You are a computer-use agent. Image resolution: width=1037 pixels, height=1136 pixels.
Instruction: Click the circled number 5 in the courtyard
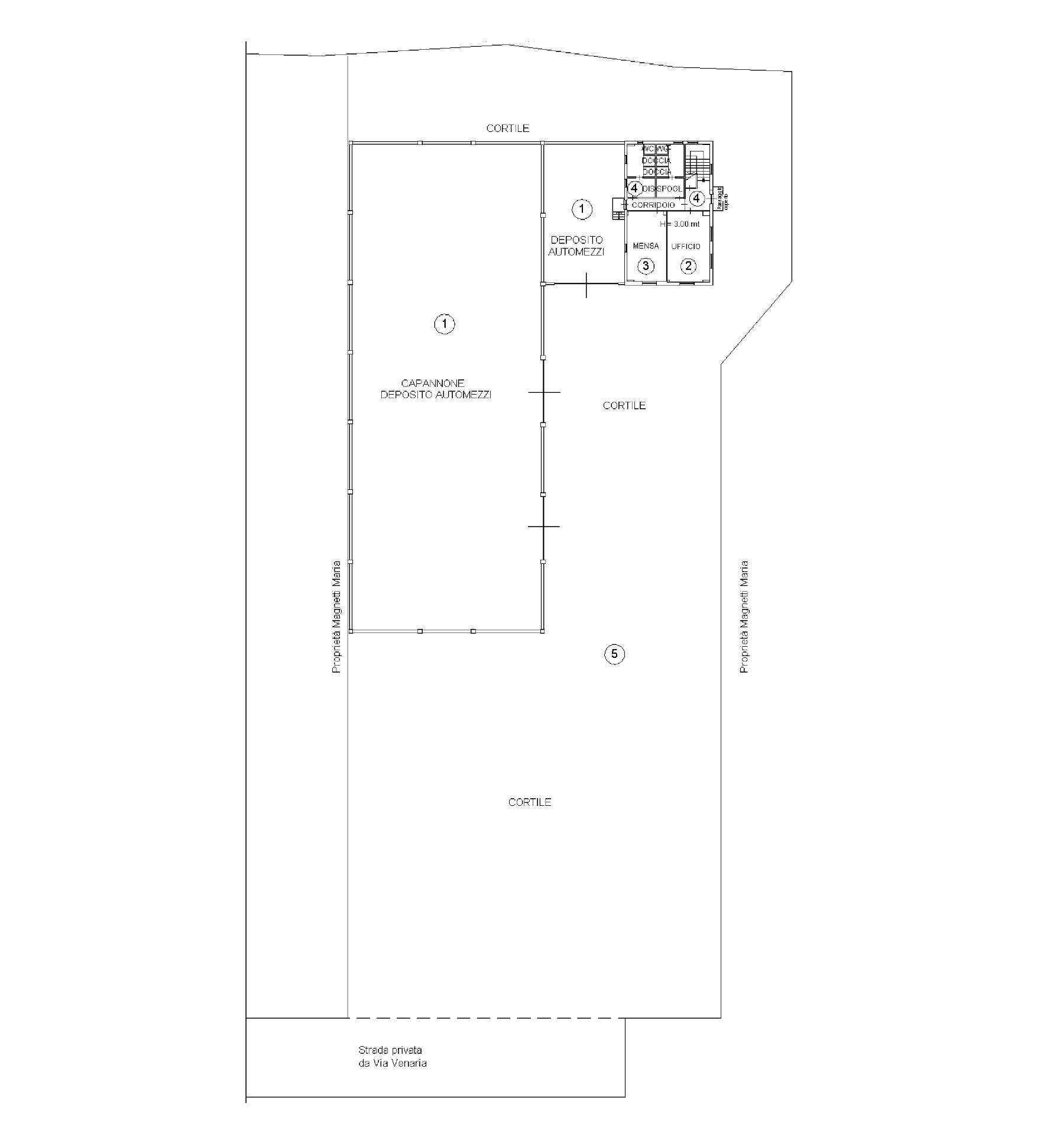tap(614, 654)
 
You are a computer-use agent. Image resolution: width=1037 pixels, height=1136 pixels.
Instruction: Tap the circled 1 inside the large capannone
tap(445, 324)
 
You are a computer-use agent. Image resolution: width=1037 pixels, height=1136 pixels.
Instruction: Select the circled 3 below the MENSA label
tap(646, 266)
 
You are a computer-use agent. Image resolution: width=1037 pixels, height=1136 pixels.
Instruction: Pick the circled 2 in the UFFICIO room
tap(688, 266)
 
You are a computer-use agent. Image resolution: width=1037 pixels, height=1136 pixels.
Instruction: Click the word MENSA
tap(646, 246)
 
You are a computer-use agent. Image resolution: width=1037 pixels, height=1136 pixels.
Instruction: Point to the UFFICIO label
tap(686, 246)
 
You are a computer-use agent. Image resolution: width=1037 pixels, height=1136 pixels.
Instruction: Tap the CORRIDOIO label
tap(653, 205)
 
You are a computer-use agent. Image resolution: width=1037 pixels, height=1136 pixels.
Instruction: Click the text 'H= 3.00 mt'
tap(680, 224)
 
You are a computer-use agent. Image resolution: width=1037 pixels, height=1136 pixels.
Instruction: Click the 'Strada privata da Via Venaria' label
tap(393, 1057)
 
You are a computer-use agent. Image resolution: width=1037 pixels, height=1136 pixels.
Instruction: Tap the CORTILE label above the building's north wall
tap(507, 128)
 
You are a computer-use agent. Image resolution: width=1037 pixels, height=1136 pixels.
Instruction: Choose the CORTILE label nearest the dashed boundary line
tap(530, 802)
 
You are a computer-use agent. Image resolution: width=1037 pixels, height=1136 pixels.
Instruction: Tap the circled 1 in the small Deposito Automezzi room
tap(582, 208)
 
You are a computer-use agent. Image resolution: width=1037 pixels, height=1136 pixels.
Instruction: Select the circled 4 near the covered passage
tap(697, 198)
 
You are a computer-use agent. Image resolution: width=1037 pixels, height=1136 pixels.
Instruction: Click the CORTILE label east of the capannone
tap(624, 405)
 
